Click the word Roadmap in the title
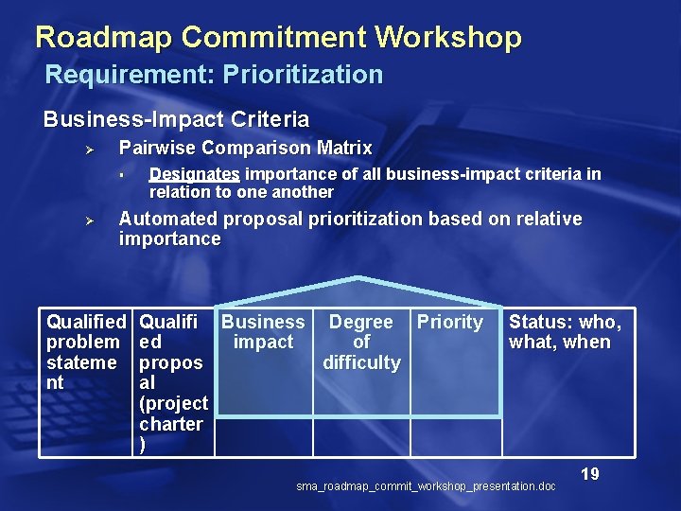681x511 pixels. tap(104, 38)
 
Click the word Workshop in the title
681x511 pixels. tap(448, 38)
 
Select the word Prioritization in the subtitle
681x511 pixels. tap(303, 75)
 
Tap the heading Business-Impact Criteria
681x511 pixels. tap(176, 120)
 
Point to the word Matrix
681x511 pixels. tap(345, 149)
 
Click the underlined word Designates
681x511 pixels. tap(194, 174)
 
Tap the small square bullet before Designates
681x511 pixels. tap(122, 175)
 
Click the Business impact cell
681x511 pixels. tap(263, 332)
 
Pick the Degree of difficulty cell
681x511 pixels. tap(361, 342)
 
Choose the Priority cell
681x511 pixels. tap(450, 323)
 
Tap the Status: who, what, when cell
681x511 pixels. tap(566, 332)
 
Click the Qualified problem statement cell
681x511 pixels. tap(85, 352)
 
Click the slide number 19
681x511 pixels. tap(590, 474)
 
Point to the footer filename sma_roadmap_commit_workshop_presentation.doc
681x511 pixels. tap(426, 486)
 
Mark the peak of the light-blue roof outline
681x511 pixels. tap(358, 278)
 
